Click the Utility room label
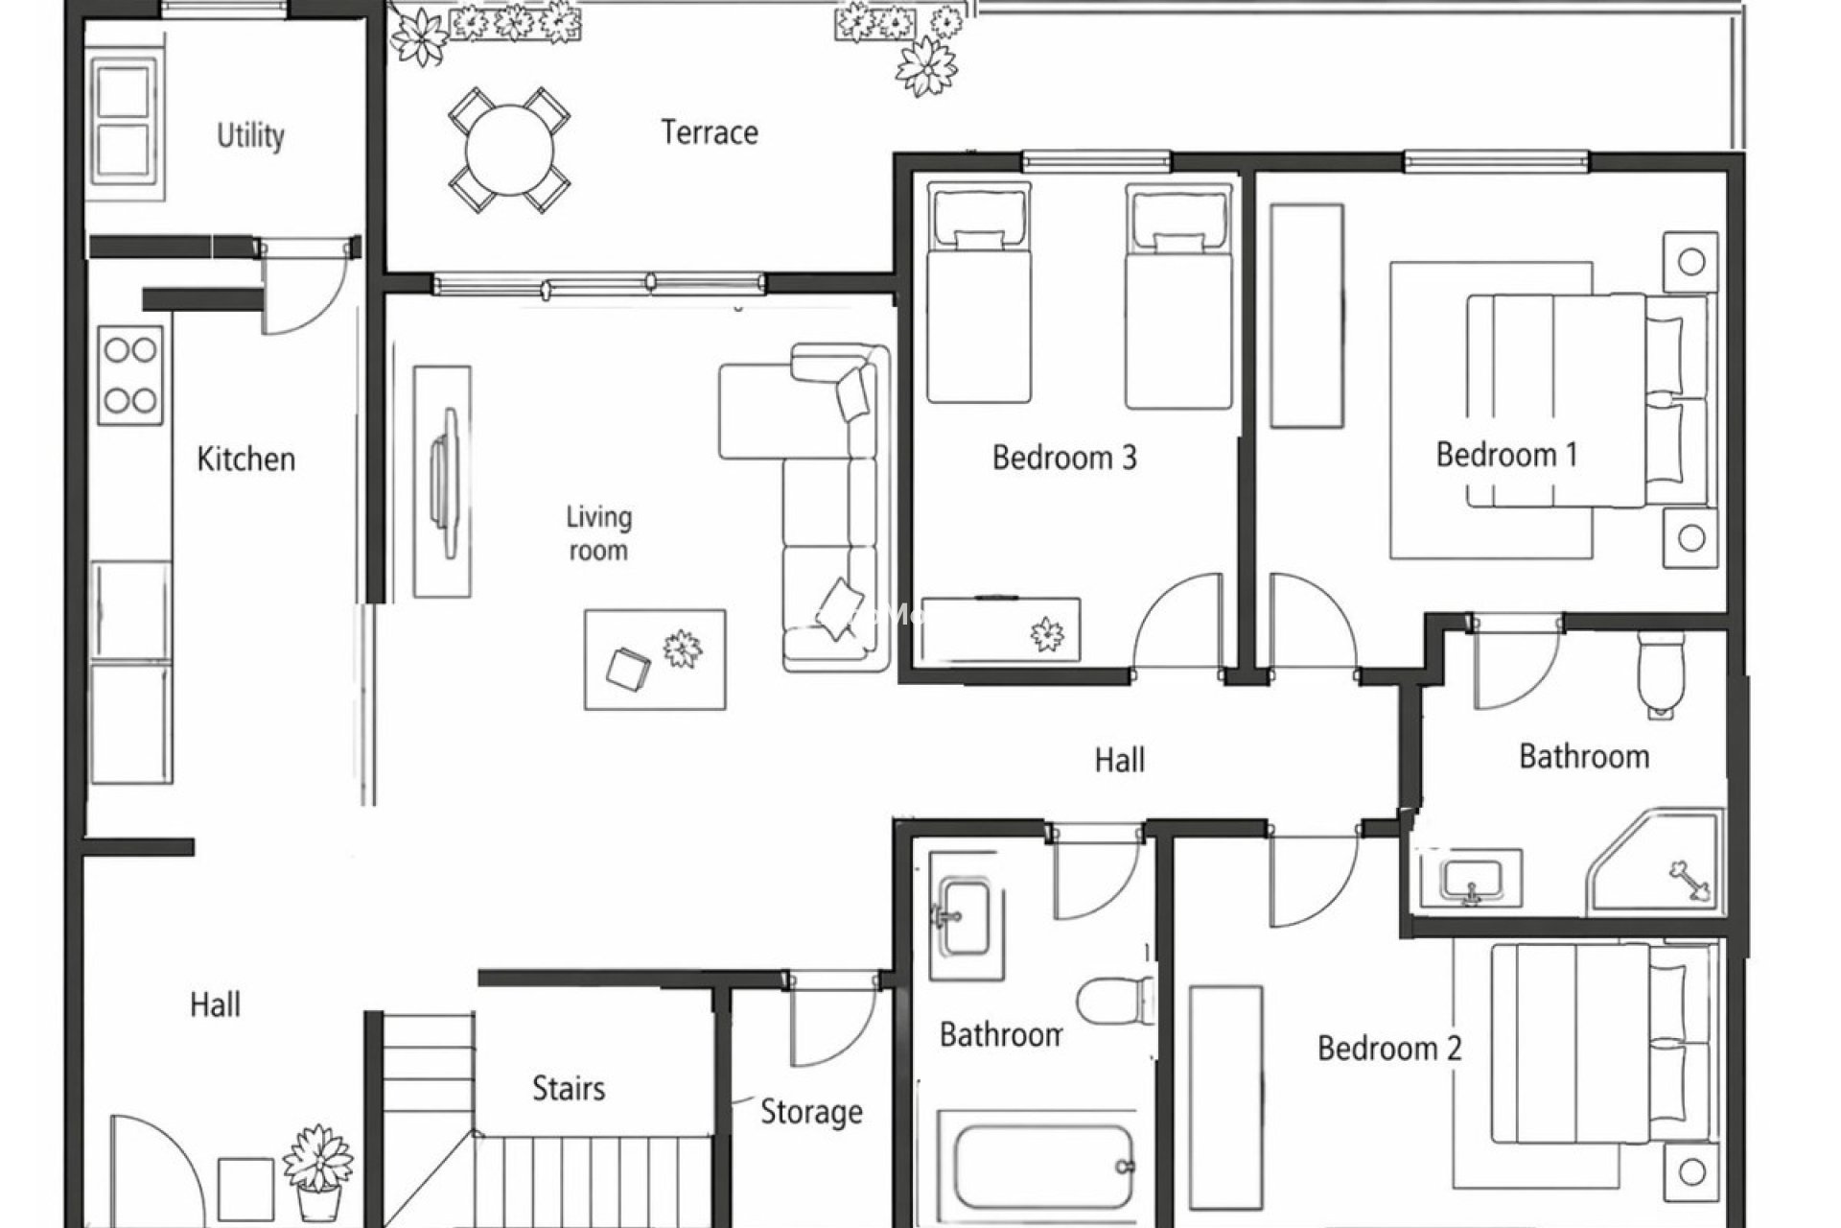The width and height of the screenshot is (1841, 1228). click(x=250, y=135)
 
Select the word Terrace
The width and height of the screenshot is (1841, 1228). click(x=709, y=132)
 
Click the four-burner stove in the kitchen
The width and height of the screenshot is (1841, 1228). click(x=130, y=375)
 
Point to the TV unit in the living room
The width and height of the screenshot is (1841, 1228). click(x=442, y=481)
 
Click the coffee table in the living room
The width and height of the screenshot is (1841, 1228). click(x=655, y=659)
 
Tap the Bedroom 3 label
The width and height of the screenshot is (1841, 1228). click(x=1063, y=458)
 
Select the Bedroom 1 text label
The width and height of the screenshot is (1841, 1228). click(x=1505, y=454)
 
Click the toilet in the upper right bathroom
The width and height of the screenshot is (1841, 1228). click(x=1660, y=672)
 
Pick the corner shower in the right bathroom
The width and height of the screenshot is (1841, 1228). click(x=1664, y=862)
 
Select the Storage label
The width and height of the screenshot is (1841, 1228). click(x=810, y=1112)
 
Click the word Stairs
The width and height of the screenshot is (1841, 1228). click(x=569, y=1088)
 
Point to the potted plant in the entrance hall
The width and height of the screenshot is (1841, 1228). click(x=318, y=1171)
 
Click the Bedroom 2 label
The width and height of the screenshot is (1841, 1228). click(x=1388, y=1048)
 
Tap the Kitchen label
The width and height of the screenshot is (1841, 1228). click(x=245, y=459)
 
